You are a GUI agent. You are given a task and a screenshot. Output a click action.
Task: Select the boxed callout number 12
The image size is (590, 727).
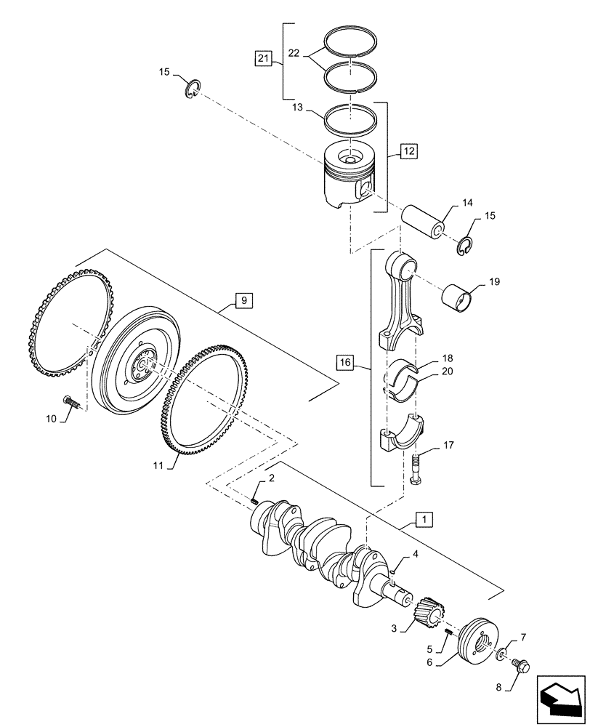pos(409,152)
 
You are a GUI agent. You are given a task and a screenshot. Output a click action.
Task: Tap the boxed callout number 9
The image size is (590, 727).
pos(243,300)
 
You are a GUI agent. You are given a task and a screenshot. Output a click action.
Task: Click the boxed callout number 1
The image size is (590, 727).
pos(424,519)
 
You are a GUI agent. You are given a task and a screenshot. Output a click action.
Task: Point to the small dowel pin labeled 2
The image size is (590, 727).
pos(254,499)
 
